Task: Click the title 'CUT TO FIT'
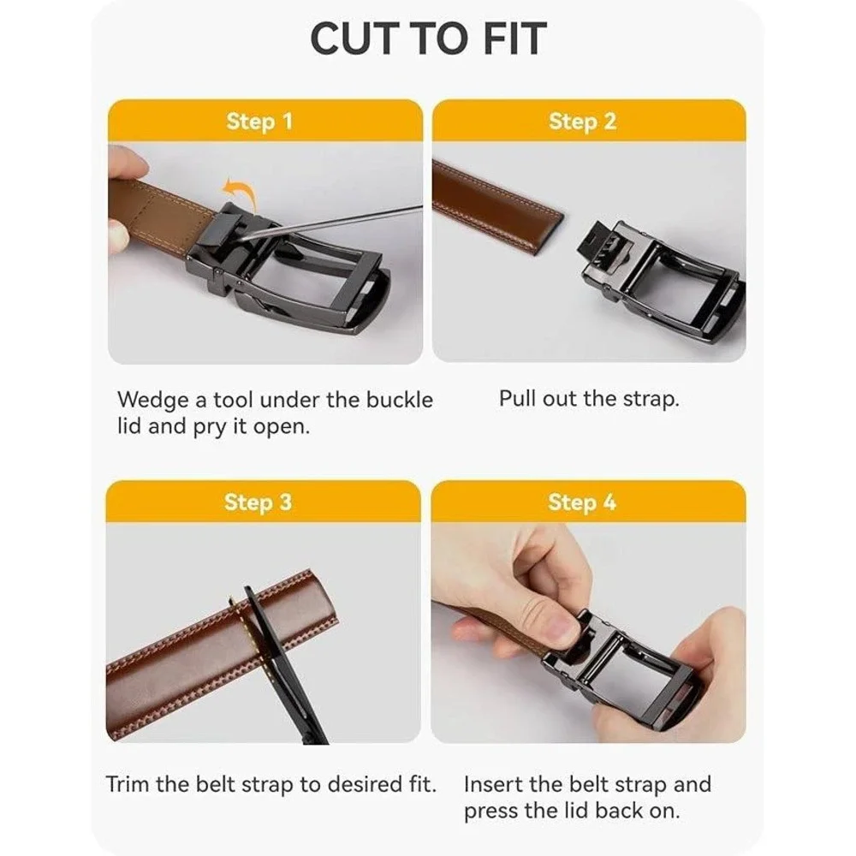click(x=428, y=39)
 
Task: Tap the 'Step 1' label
click(x=259, y=122)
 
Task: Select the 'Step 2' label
click(x=582, y=122)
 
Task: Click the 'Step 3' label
click(x=259, y=502)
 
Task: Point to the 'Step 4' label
click(x=582, y=502)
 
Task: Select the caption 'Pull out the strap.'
click(x=589, y=399)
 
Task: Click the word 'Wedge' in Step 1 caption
click(x=154, y=400)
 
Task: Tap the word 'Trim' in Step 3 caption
click(x=128, y=784)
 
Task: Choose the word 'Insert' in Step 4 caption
click(x=492, y=784)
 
